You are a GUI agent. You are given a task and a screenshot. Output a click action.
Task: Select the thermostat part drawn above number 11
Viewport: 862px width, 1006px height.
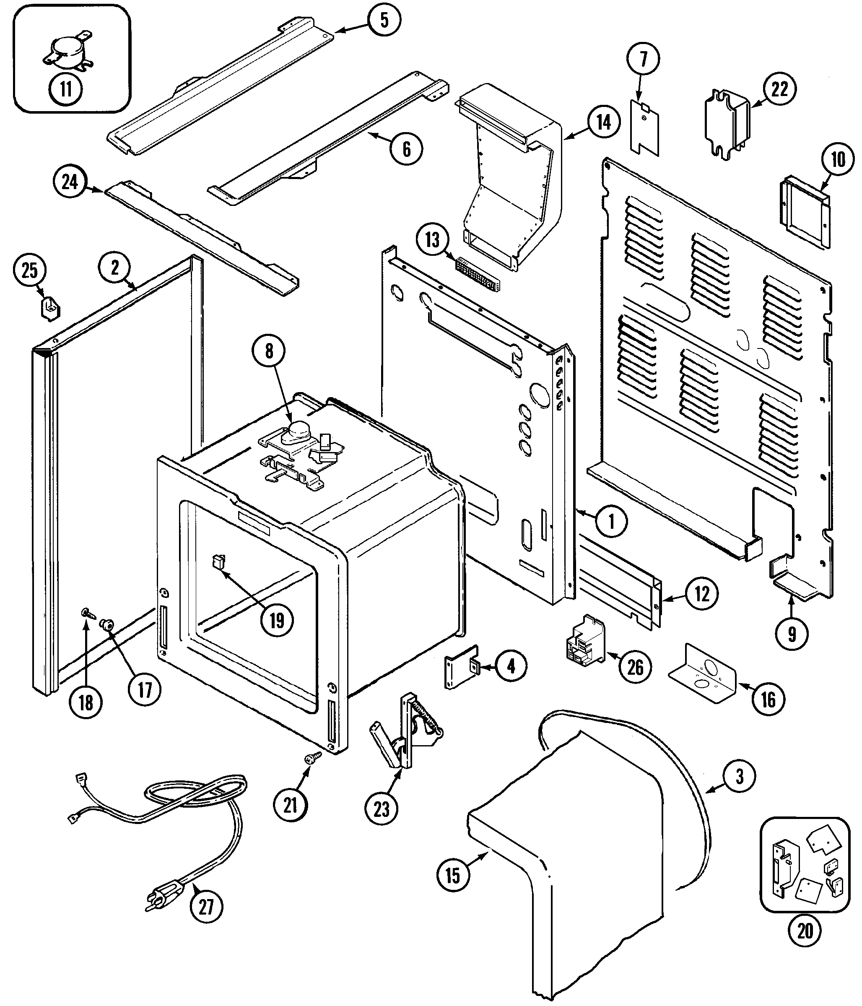tap(68, 52)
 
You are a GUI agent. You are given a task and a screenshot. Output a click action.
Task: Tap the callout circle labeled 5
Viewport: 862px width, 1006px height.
tap(384, 21)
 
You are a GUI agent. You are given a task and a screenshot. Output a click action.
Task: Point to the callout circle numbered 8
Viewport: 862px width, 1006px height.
tap(269, 351)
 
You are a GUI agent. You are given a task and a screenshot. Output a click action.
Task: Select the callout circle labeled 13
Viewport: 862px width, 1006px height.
tap(432, 240)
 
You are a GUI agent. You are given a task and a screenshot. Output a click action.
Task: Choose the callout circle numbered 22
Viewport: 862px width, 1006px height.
tap(779, 89)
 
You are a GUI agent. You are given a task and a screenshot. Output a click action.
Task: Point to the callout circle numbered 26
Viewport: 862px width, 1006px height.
tap(635, 667)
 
